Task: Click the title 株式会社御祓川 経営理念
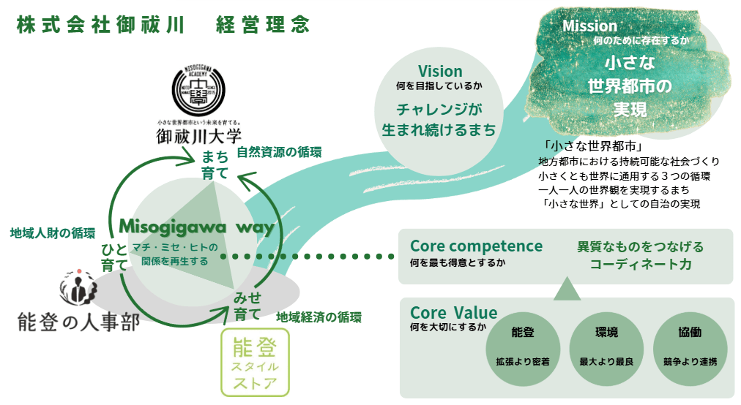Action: [163, 24]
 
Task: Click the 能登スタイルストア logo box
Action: [255, 363]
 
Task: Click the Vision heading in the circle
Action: [440, 72]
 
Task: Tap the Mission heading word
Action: [589, 26]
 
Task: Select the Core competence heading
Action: [476, 246]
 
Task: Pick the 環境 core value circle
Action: [606, 344]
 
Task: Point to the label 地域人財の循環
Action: [52, 233]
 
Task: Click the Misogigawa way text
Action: [196, 227]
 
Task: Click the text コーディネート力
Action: [641, 265]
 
